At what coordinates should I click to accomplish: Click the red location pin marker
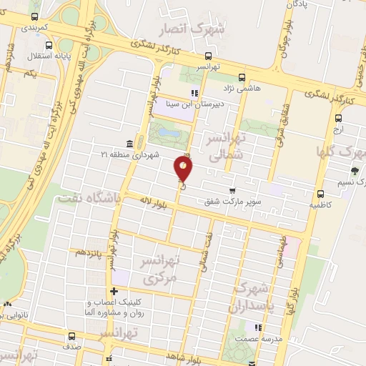click(x=184, y=167)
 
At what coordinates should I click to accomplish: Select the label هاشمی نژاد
click(x=242, y=89)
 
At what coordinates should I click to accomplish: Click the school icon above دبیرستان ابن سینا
click(x=193, y=91)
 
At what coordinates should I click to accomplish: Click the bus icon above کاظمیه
click(x=320, y=193)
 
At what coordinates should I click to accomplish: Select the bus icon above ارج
click(x=339, y=119)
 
